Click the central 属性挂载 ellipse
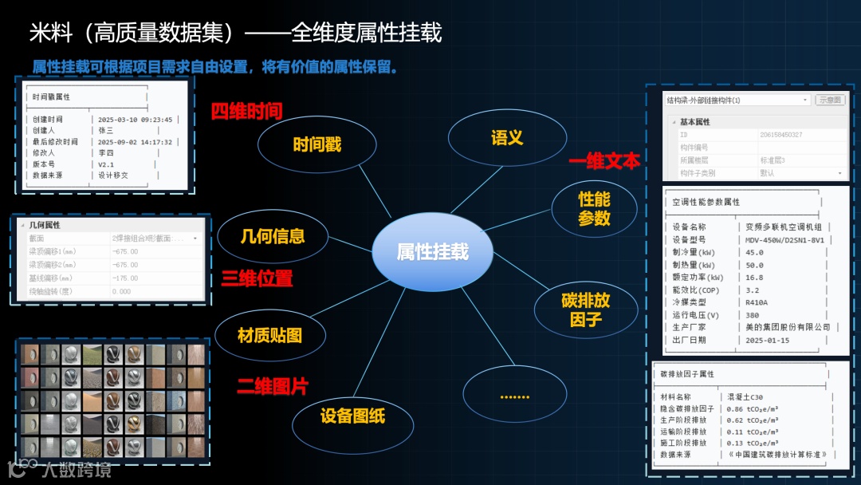(x=433, y=253)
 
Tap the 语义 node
(x=507, y=137)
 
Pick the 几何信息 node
(x=273, y=236)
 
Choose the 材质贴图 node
(x=270, y=335)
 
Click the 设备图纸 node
(x=352, y=416)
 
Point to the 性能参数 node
(x=594, y=208)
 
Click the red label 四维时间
(x=246, y=111)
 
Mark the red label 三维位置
(x=257, y=278)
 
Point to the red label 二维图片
(x=272, y=386)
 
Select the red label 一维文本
(x=603, y=161)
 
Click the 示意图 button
(x=830, y=101)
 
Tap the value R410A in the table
(x=757, y=302)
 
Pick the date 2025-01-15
(x=767, y=340)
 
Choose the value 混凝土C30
(x=745, y=396)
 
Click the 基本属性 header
(x=694, y=122)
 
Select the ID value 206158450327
(x=781, y=135)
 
